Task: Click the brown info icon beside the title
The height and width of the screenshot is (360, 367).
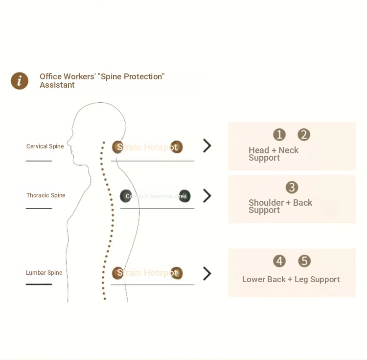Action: (x=20, y=81)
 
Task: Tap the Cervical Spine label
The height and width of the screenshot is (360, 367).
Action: (x=45, y=146)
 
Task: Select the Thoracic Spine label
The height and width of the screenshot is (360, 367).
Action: (x=46, y=195)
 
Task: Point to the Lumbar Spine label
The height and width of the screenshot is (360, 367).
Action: (x=44, y=273)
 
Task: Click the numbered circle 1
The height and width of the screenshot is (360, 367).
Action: (x=279, y=135)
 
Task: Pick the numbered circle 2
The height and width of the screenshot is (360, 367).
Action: (x=304, y=135)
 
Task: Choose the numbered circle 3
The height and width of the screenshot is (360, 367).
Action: (x=292, y=187)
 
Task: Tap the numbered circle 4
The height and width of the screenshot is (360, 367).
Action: (x=279, y=261)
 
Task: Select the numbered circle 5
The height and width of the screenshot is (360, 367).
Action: (x=304, y=261)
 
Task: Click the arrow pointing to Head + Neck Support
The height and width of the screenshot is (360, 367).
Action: (x=207, y=145)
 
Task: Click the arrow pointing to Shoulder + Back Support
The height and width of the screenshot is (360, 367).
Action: (x=207, y=196)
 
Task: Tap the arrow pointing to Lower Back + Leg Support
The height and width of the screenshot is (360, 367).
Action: (x=207, y=273)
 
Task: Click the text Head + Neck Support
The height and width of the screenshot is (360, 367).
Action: (x=273, y=154)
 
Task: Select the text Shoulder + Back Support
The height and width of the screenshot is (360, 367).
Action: (x=280, y=206)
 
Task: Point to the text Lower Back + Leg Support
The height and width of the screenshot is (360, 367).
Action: (x=291, y=279)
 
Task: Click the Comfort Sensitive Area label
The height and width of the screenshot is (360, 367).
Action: (x=156, y=196)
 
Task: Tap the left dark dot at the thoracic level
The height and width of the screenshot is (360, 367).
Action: (x=126, y=196)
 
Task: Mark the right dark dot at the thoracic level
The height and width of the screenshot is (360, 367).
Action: (x=184, y=196)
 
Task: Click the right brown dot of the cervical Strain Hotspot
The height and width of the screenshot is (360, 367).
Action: (x=176, y=147)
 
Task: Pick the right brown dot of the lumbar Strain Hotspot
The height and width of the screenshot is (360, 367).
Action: (x=176, y=273)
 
